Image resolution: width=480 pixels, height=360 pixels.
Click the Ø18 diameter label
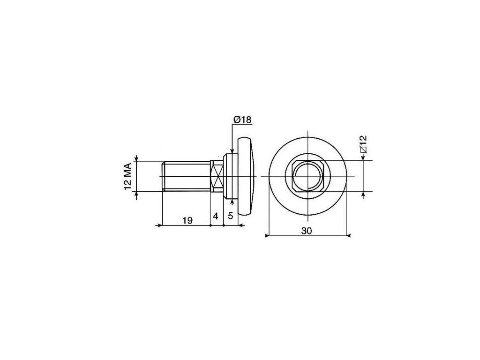(x=242, y=120)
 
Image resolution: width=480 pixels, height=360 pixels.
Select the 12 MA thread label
(x=127, y=176)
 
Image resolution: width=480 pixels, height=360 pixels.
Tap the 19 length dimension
(x=187, y=220)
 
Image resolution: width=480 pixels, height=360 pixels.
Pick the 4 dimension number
(x=216, y=216)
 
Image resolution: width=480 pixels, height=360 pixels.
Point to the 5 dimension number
(x=231, y=216)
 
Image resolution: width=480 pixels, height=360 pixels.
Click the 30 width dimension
(x=307, y=231)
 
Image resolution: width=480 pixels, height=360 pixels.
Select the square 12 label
(x=364, y=144)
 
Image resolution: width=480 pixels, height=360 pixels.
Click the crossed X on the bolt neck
(x=217, y=176)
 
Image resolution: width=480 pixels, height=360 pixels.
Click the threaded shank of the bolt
(x=187, y=176)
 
